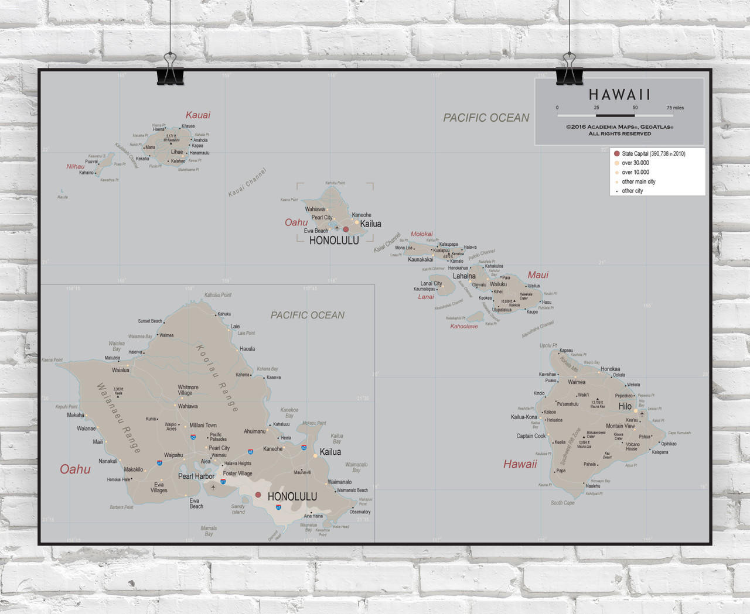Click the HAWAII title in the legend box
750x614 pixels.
pyautogui.click(x=619, y=95)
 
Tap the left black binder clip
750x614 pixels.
pyautogui.click(x=170, y=70)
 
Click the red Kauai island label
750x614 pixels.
pyautogui.click(x=198, y=115)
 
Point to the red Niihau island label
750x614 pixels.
pyautogui.click(x=75, y=167)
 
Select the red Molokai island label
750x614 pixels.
pyautogui.click(x=422, y=234)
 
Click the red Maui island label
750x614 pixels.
pyautogui.click(x=538, y=275)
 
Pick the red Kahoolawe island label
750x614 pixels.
pyautogui.click(x=464, y=327)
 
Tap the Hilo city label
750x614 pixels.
pyautogui.click(x=625, y=406)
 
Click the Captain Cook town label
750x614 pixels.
pyautogui.click(x=531, y=436)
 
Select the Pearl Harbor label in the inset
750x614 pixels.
pyautogui.click(x=196, y=476)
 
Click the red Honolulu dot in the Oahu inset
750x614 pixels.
pyautogui.click(x=258, y=495)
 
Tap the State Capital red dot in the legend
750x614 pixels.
pyautogui.click(x=616, y=154)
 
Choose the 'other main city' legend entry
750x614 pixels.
pyautogui.click(x=639, y=182)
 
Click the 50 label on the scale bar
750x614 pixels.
pyautogui.click(x=635, y=108)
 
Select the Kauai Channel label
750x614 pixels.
pyautogui.click(x=247, y=183)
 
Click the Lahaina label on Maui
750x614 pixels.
pyautogui.click(x=464, y=276)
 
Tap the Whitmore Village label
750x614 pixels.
pyautogui.click(x=188, y=390)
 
